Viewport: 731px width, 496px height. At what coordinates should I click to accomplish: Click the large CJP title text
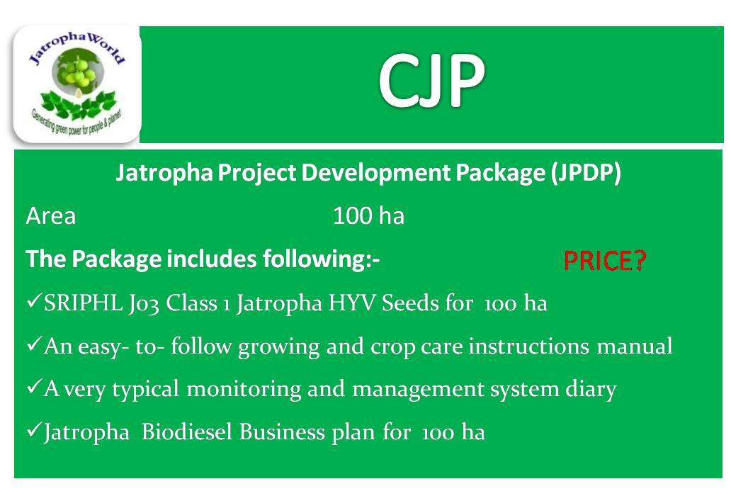click(x=431, y=80)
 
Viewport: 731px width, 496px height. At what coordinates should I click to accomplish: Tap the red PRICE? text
click(x=605, y=261)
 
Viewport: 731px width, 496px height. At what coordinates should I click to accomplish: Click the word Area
click(x=51, y=216)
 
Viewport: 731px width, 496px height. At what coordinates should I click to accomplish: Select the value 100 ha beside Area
click(x=369, y=216)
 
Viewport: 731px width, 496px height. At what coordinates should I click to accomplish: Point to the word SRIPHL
click(x=83, y=303)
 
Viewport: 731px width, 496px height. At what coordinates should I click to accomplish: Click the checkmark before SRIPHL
click(x=35, y=301)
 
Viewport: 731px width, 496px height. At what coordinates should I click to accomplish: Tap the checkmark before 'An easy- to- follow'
click(x=35, y=344)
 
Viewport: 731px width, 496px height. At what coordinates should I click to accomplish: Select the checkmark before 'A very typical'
click(x=35, y=387)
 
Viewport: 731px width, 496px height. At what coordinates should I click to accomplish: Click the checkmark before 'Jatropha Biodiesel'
click(x=35, y=430)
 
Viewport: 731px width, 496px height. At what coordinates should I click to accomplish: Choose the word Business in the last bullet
click(x=282, y=432)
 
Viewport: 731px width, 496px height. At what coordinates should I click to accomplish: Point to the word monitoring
click(x=244, y=390)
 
